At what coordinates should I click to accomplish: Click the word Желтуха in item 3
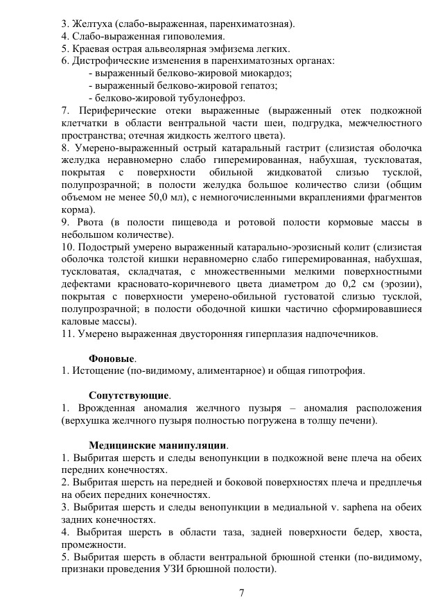(x=89, y=23)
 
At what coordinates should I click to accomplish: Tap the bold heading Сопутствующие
(x=130, y=396)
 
